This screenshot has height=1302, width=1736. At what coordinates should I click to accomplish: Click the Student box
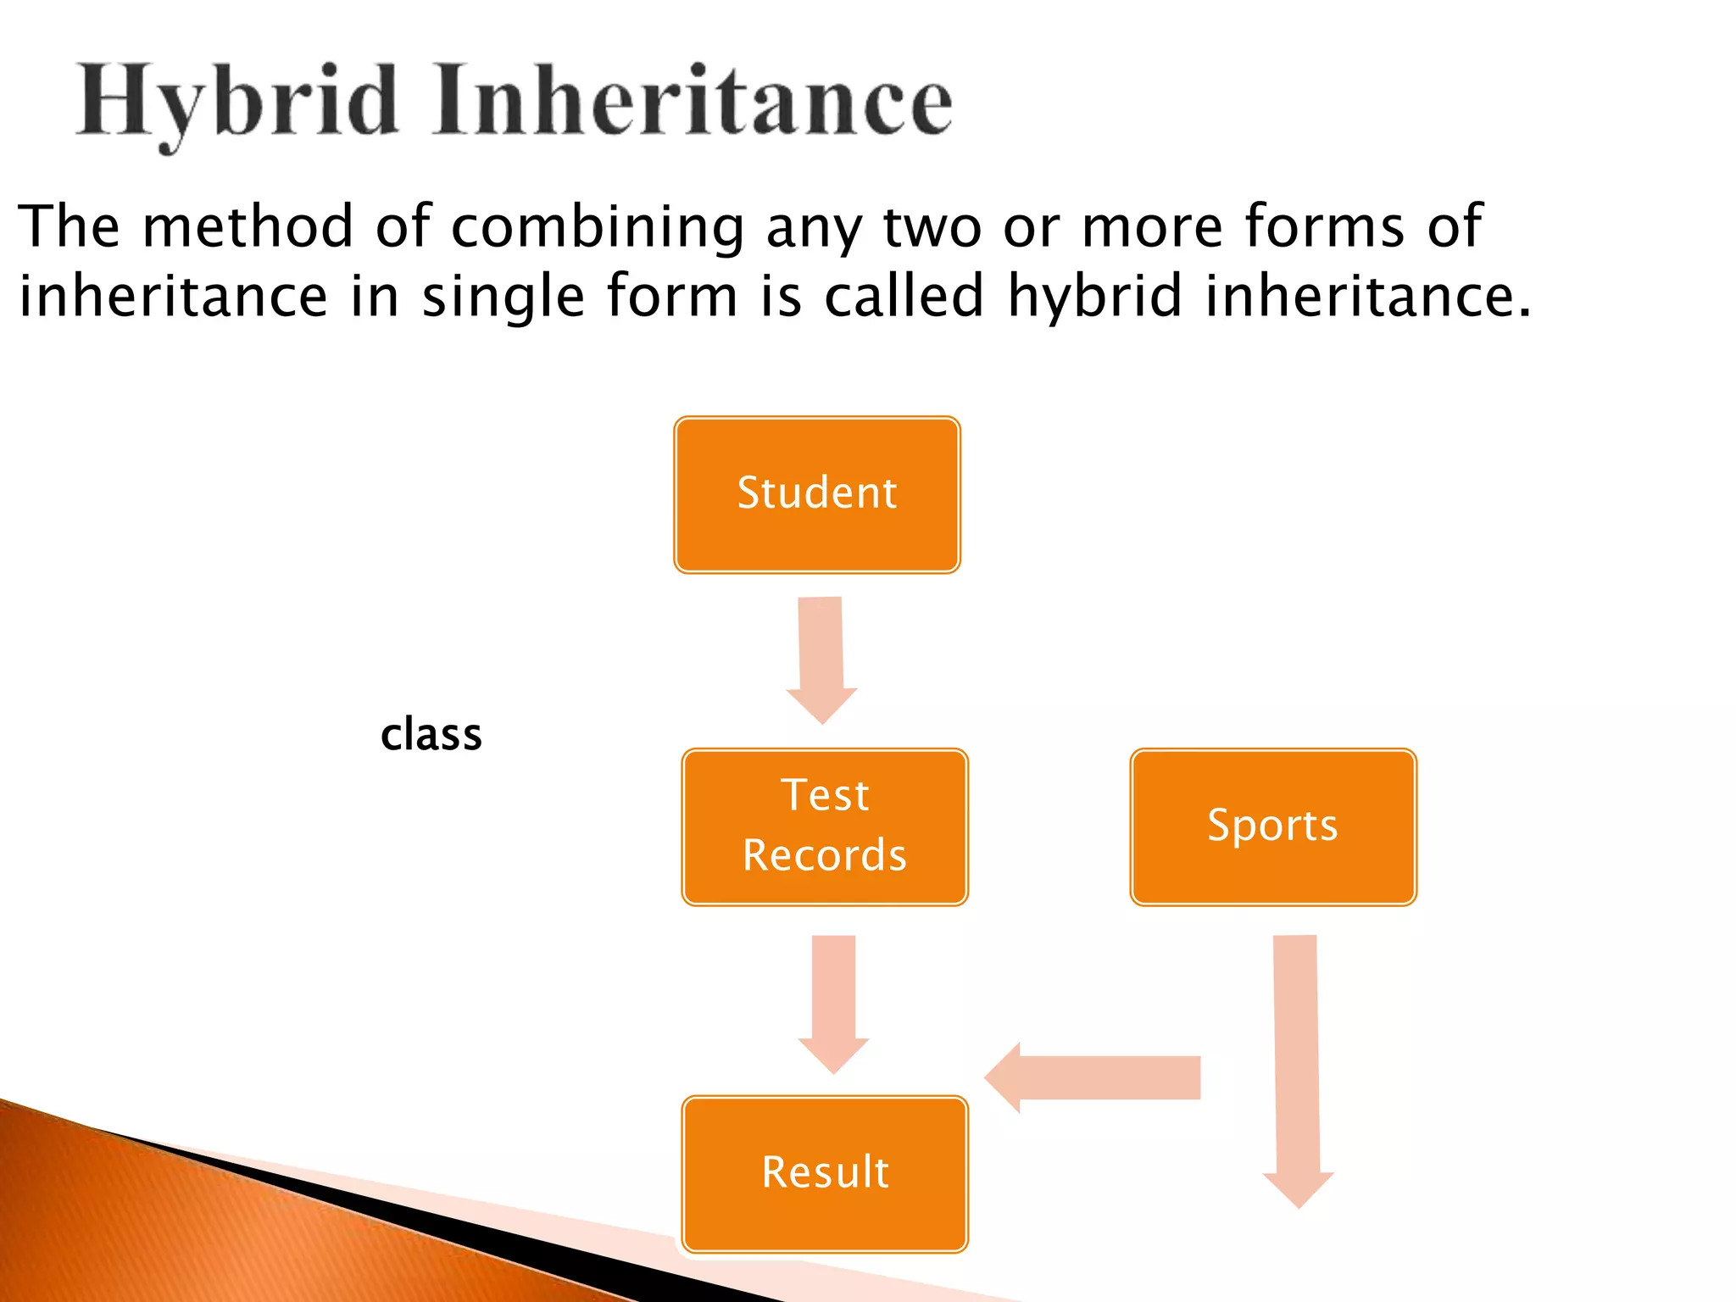pos(817,495)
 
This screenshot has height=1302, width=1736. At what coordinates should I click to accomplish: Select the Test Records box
pos(825,827)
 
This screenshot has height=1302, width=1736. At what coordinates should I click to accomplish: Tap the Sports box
pos(1272,827)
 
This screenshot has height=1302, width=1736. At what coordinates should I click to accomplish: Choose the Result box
pos(825,1174)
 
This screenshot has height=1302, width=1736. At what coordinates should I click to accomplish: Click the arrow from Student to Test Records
pos(821,657)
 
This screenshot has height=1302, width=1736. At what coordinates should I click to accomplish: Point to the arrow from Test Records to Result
pos(833,1000)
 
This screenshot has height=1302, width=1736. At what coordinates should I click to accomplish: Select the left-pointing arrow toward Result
pos(1093,1077)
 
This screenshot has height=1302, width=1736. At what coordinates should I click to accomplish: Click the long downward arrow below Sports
pos(1297,1068)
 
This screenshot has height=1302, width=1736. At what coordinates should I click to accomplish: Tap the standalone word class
pos(431,735)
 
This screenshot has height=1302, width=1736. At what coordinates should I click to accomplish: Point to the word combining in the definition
pos(597,227)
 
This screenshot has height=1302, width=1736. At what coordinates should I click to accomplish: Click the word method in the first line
pos(248,227)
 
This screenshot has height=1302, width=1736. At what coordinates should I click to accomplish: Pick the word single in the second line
pos(503,297)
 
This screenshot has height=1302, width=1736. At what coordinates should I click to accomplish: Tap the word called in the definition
pos(904,297)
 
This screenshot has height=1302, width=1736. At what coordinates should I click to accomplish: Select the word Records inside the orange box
pos(825,855)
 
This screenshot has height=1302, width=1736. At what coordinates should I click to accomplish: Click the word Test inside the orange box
pos(825,796)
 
